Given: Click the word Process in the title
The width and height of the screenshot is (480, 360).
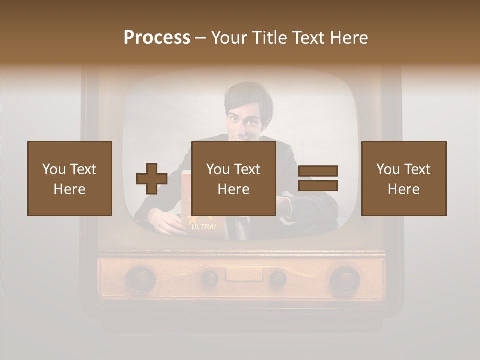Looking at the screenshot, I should pyautogui.click(x=157, y=38).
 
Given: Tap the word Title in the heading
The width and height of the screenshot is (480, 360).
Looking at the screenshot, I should pyautogui.click(x=269, y=38).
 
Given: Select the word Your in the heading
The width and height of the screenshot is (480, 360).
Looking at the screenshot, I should pyautogui.click(x=229, y=38).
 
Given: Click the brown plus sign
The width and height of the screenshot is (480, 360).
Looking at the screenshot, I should pyautogui.click(x=152, y=178).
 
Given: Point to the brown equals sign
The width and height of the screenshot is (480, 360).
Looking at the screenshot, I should pyautogui.click(x=318, y=178).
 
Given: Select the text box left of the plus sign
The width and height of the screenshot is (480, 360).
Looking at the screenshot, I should pyautogui.click(x=70, y=178).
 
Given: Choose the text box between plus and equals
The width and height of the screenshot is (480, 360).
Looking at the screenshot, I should pyautogui.click(x=233, y=178).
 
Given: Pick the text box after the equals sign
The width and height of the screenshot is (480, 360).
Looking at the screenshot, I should pyautogui.click(x=404, y=178).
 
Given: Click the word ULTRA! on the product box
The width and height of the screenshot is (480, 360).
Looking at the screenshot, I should pyautogui.click(x=204, y=227).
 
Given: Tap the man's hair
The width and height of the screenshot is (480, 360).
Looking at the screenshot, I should pyautogui.click(x=248, y=97).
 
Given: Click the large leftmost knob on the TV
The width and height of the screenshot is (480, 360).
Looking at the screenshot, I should pyautogui.click(x=140, y=278).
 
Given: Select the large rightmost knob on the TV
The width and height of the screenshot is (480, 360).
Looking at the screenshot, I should pyautogui.click(x=344, y=278).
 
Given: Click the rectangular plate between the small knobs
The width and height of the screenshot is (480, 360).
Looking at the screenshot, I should pyautogui.click(x=243, y=274).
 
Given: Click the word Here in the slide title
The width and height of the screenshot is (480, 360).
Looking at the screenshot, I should pyautogui.click(x=349, y=38).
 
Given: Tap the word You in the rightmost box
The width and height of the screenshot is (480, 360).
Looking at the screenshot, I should pyautogui.click(x=388, y=169).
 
